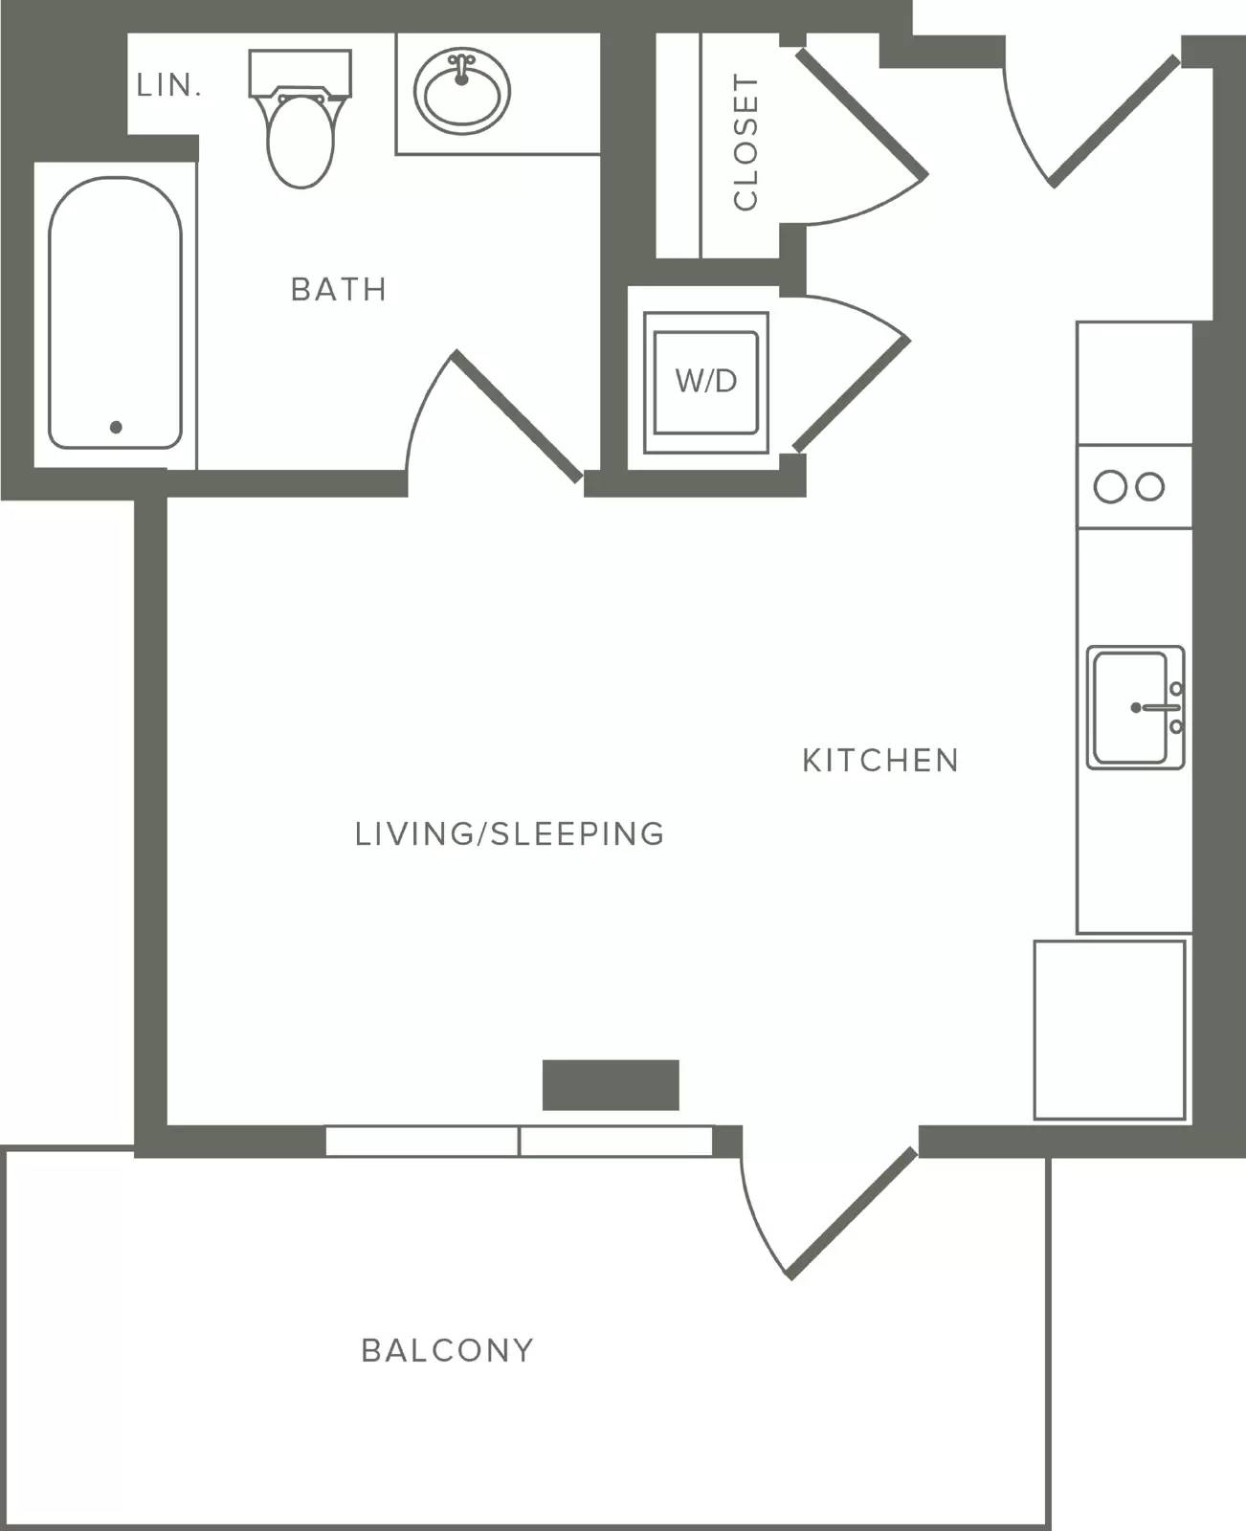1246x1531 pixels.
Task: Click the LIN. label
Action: click(x=169, y=85)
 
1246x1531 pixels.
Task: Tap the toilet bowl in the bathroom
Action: click(x=300, y=141)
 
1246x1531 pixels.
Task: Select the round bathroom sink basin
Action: click(x=462, y=91)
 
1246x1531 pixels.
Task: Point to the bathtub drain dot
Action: click(x=116, y=428)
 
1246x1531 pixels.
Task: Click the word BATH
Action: click(x=339, y=290)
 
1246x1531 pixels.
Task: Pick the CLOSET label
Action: click(x=745, y=142)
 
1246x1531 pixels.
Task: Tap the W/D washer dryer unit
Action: click(x=706, y=383)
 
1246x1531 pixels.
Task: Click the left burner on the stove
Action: click(x=1110, y=487)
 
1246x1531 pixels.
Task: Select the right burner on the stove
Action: click(x=1150, y=487)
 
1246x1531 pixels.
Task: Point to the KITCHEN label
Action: click(x=880, y=761)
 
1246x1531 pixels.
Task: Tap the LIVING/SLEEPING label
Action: click(x=510, y=833)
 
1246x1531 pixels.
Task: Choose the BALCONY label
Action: click(x=447, y=1350)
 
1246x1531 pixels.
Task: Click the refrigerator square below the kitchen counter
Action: click(x=1109, y=1030)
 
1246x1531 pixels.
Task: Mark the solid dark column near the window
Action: click(x=611, y=1085)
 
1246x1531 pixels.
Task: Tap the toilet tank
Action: click(x=300, y=73)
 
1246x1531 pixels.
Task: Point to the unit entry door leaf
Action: click(x=1115, y=122)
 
